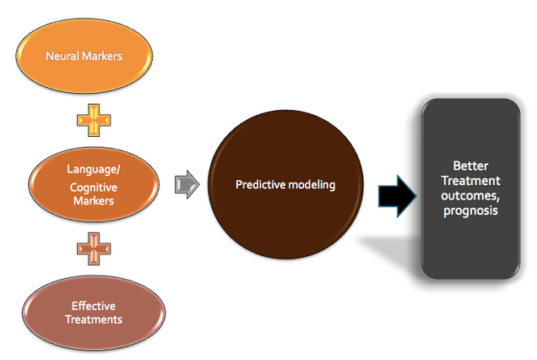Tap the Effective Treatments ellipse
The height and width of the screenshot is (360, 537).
pos(93,312)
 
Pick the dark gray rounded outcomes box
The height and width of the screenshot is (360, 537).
pos(470,188)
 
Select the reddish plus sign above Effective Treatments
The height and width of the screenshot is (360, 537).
pos(93,250)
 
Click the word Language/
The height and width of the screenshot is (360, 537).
pos(93,169)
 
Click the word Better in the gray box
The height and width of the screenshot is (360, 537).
pos(470,166)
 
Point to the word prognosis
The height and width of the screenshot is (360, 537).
pos(470,210)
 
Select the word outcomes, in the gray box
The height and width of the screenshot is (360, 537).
pos(470,195)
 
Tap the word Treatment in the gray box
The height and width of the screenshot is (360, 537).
pos(470,181)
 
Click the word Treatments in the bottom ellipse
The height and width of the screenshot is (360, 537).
pos(93,319)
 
